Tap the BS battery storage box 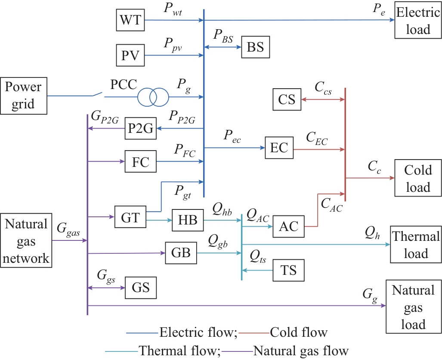click(256, 47)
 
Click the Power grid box click(24, 96)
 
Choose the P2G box click(141, 128)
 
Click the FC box click(141, 162)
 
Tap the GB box click(181, 253)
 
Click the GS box click(141, 287)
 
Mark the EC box click(279, 148)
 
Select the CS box click(287, 99)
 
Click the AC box click(289, 226)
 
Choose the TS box click(289, 270)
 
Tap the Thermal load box click(416, 245)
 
